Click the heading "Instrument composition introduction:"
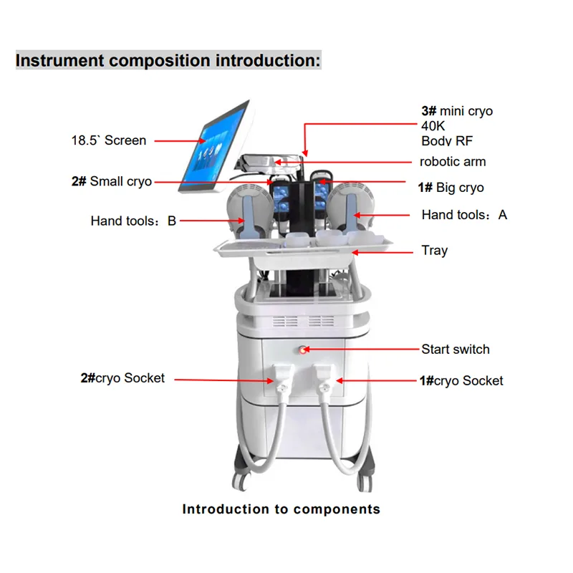168,60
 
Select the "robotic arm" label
453,162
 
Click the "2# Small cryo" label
112,182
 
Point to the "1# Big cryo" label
451,188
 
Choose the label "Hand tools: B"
133,221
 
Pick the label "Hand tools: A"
464,214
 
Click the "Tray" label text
435,251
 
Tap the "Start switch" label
456,350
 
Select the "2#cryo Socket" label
122,378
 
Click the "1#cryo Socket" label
461,380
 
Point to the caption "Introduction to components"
281,510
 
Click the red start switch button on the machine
303,350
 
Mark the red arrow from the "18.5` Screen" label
180,141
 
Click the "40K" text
433,127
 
